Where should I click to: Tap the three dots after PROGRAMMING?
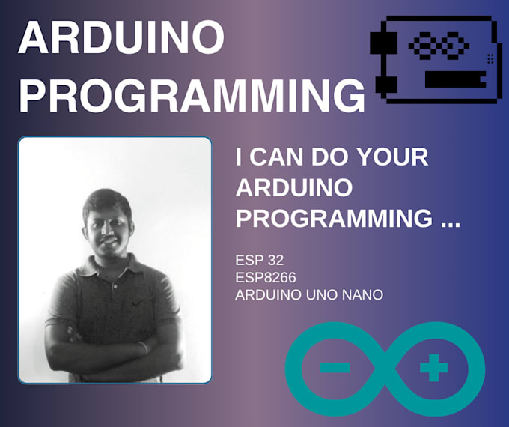[447, 219]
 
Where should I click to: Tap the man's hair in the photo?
[107, 200]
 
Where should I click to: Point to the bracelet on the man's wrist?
[143, 347]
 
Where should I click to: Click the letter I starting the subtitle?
[240, 158]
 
